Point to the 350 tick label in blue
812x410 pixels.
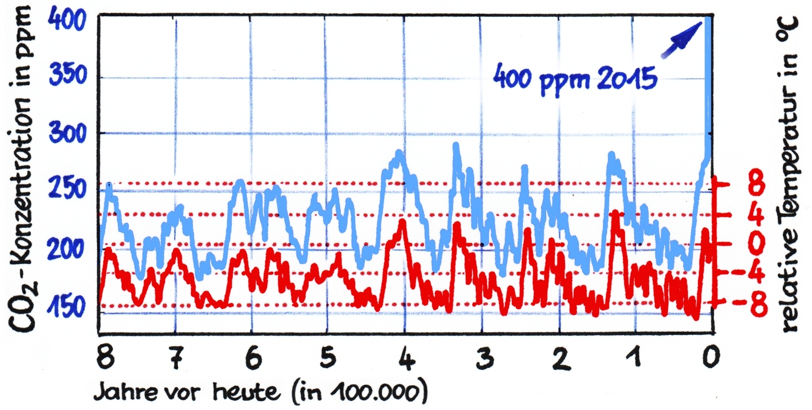[x=67, y=75]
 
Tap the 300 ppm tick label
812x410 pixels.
[x=67, y=133]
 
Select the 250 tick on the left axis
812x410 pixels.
[x=67, y=189]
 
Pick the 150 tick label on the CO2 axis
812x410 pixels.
[x=66, y=307]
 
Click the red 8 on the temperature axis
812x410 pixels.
[x=756, y=184]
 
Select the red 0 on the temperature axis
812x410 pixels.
[x=756, y=243]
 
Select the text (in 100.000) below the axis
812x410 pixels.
[x=360, y=393]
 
